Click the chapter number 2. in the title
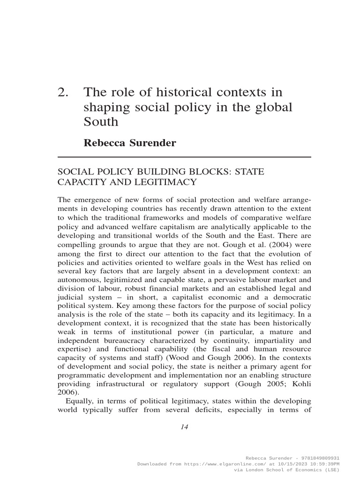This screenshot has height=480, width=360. [63, 92]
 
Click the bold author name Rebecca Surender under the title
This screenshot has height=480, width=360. [130, 143]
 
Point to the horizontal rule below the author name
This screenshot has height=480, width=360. [184, 157]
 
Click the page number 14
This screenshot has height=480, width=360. [183, 427]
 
